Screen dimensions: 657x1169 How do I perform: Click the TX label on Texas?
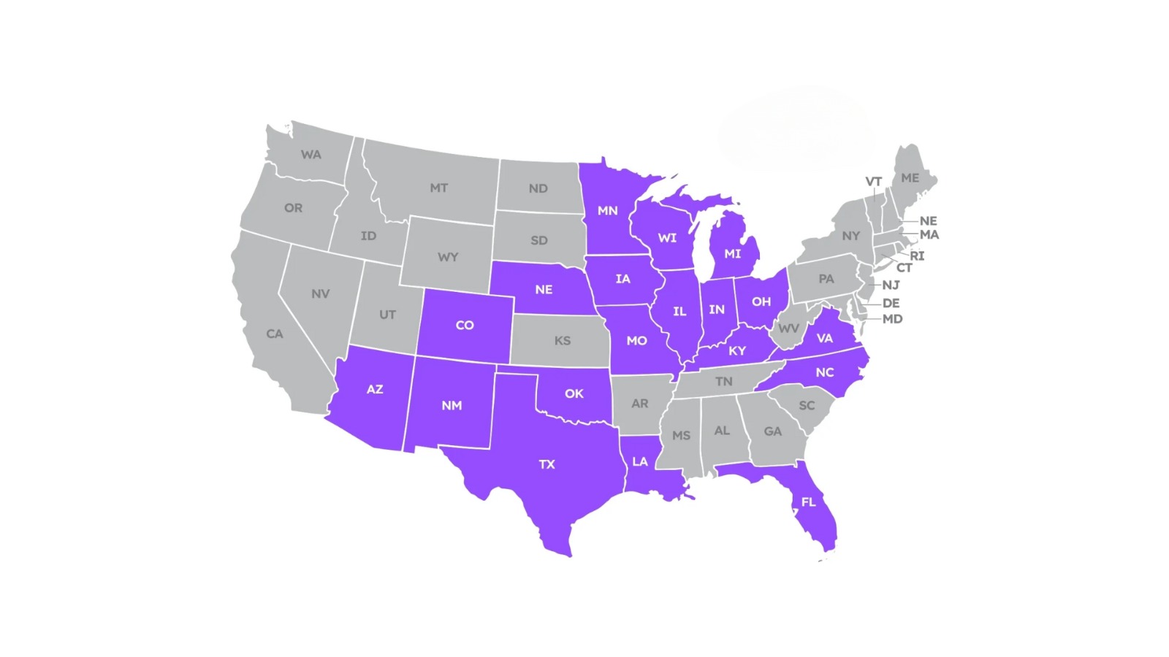[x=547, y=464]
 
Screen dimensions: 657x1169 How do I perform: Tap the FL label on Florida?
[x=808, y=502]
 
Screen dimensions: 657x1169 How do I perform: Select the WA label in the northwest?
[x=311, y=155]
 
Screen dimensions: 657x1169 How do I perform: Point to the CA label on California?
[x=275, y=334]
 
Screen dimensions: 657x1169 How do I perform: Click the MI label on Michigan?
[x=732, y=254]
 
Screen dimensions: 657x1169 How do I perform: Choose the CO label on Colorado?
[x=465, y=326]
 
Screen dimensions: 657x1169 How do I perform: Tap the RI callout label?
[x=917, y=256]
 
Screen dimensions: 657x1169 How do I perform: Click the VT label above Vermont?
[x=874, y=182]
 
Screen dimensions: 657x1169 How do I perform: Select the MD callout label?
[x=892, y=319]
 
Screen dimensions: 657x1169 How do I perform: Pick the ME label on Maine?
[x=910, y=178]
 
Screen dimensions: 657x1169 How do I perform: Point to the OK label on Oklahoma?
[x=574, y=394]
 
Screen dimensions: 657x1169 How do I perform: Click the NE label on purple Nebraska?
[x=544, y=290]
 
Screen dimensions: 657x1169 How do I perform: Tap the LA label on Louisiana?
[x=640, y=461]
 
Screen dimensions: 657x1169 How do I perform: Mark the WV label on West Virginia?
[x=788, y=328]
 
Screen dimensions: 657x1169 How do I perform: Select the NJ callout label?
[x=891, y=285]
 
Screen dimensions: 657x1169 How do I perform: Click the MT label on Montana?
[x=438, y=188]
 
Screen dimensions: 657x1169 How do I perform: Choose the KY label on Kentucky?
[x=737, y=351]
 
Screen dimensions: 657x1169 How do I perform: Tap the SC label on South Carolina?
[x=807, y=406]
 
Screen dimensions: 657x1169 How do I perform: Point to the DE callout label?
[x=891, y=303]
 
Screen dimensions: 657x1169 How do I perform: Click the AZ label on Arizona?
[x=375, y=390]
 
